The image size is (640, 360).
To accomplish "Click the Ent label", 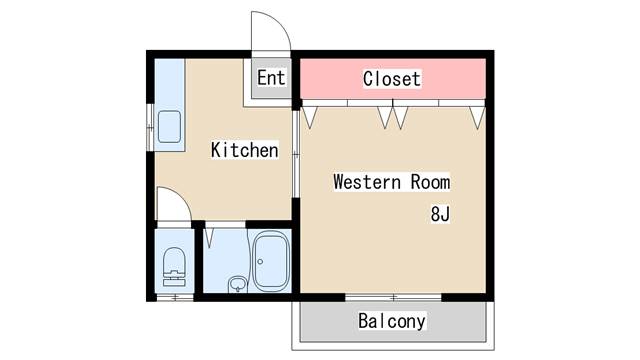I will pyautogui.click(x=271, y=77).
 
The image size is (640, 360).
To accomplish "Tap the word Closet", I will pyautogui.click(x=391, y=78).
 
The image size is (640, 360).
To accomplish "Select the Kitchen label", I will pyautogui.click(x=243, y=151).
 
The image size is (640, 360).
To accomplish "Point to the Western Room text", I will pyautogui.click(x=391, y=183).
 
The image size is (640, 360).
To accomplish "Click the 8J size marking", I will pyautogui.click(x=440, y=214).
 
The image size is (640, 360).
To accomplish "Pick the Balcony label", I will pyautogui.click(x=392, y=321).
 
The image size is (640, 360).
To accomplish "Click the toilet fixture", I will pyautogui.click(x=174, y=265).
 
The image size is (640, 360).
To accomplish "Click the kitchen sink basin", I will pyautogui.click(x=169, y=127).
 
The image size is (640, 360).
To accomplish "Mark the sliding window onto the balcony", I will pyautogui.click(x=393, y=297).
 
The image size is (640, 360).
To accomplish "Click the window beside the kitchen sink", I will pyautogui.click(x=152, y=126).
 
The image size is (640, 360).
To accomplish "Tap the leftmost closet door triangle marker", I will pyautogui.click(x=310, y=117).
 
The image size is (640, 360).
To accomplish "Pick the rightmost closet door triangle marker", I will pyautogui.click(x=477, y=117).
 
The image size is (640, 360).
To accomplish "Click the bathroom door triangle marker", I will pyautogui.click(x=209, y=238).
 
